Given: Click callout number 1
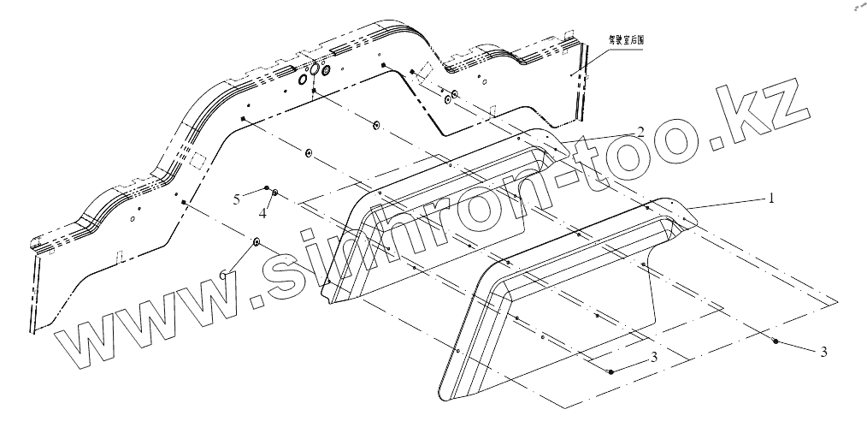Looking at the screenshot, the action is (x=770, y=198).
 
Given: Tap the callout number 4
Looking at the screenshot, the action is (x=263, y=214).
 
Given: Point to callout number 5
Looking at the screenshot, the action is (x=237, y=199).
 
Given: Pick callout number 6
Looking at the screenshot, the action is (x=224, y=273).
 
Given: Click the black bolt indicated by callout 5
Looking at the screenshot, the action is (x=268, y=188).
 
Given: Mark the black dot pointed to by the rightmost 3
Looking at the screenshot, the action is (x=775, y=341).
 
